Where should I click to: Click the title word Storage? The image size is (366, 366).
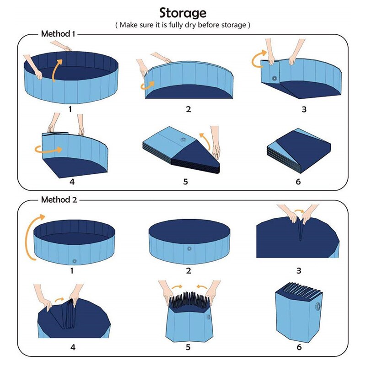coord(183,12)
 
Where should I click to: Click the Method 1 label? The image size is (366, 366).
coord(58,34)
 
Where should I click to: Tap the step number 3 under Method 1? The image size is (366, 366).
coord(304,109)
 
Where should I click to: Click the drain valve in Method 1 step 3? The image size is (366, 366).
coord(275,79)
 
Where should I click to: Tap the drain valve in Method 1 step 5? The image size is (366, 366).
coord(183,139)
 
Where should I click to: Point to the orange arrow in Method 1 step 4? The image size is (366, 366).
coord(48,149)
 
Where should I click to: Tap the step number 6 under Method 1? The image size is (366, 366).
coord(298,182)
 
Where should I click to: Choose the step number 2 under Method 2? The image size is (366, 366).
coord(188,271)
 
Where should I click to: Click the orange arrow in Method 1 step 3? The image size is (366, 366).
coord(258,59)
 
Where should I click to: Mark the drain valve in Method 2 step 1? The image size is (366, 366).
coord(74,260)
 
